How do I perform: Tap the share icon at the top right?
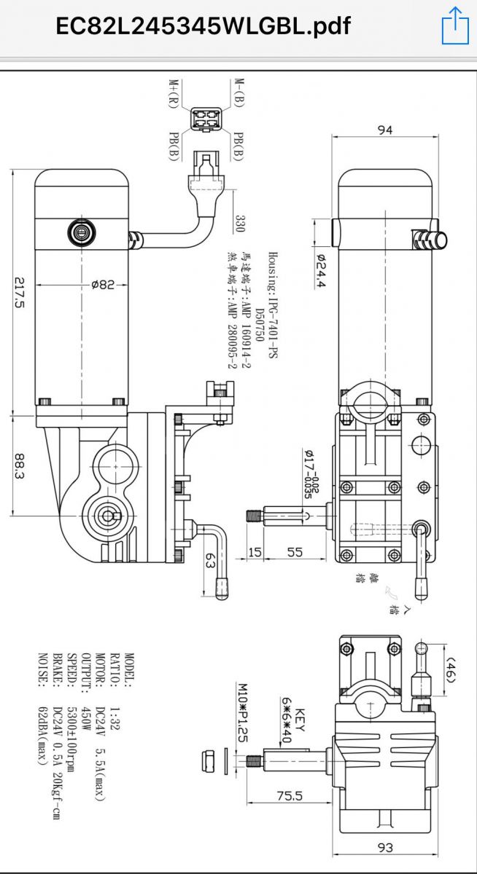(x=454, y=26)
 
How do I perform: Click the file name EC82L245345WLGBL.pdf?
(x=203, y=27)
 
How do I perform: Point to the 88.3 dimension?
(x=20, y=468)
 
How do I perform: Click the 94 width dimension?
(x=385, y=130)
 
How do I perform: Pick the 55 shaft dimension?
(x=295, y=552)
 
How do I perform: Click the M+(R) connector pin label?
(x=177, y=93)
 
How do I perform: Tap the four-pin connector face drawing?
(x=207, y=118)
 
